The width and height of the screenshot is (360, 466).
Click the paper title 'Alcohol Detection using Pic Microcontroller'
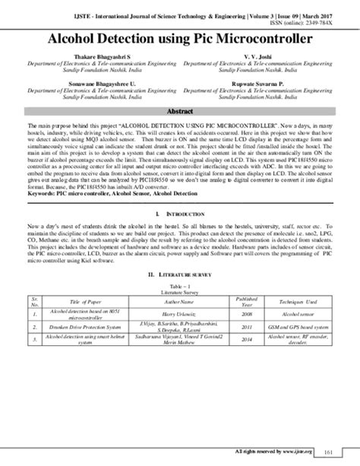click(x=180, y=36)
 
